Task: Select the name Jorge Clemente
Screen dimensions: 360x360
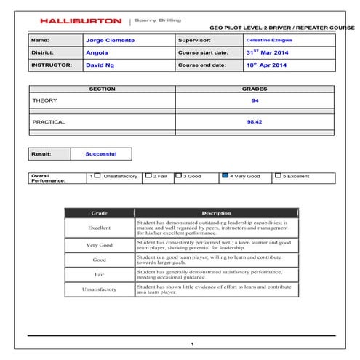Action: (x=110, y=40)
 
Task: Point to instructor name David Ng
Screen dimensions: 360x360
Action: (x=100, y=65)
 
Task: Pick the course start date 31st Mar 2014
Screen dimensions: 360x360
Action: (x=268, y=52)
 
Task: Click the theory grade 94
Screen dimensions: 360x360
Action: (x=255, y=100)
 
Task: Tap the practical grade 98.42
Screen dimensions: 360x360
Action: (x=255, y=123)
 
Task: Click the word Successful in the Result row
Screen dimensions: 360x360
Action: (x=100, y=154)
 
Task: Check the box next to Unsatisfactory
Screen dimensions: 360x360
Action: (x=97, y=176)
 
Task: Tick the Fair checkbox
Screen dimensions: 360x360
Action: (x=148, y=176)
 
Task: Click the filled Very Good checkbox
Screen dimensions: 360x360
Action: (x=225, y=176)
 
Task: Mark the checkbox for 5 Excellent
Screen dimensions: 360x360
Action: (x=279, y=176)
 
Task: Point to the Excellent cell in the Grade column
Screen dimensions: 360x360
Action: (x=99, y=228)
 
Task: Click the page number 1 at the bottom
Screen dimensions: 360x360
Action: (x=192, y=344)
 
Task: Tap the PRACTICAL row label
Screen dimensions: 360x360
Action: (x=49, y=123)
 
